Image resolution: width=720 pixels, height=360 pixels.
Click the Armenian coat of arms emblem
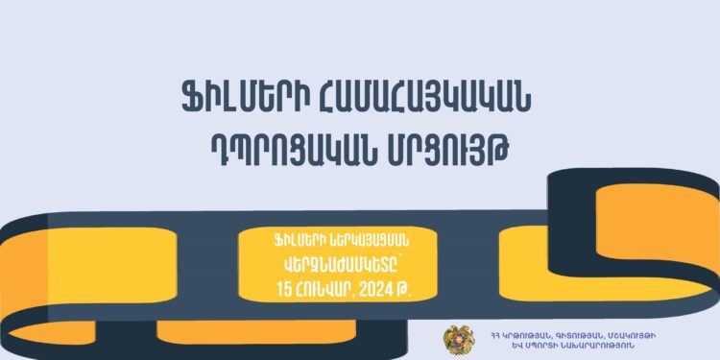pos(457,339)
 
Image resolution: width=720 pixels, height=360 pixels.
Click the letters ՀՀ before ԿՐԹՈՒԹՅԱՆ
pos(493,333)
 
